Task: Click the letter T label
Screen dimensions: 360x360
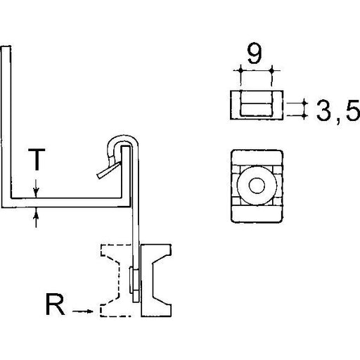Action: (x=37, y=159)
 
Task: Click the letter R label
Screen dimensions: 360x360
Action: (x=56, y=304)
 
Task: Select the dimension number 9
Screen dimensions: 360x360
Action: (x=255, y=53)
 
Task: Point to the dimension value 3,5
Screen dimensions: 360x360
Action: (x=338, y=110)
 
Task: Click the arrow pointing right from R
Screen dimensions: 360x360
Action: (x=83, y=311)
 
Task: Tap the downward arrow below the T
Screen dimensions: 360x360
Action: (x=36, y=188)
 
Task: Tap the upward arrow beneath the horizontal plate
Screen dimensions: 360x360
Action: (x=36, y=218)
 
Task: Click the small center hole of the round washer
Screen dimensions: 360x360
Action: (x=257, y=185)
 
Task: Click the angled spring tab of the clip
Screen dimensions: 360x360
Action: (x=109, y=170)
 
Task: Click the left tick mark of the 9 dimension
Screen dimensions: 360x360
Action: (x=240, y=70)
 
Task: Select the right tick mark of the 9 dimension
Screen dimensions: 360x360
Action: (x=272, y=70)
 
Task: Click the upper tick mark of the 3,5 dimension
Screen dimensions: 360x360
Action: (x=304, y=103)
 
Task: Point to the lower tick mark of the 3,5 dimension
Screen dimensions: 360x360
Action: (x=304, y=115)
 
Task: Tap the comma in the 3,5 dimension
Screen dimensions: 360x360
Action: (x=337, y=122)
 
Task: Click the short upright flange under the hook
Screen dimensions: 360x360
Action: (x=126, y=172)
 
